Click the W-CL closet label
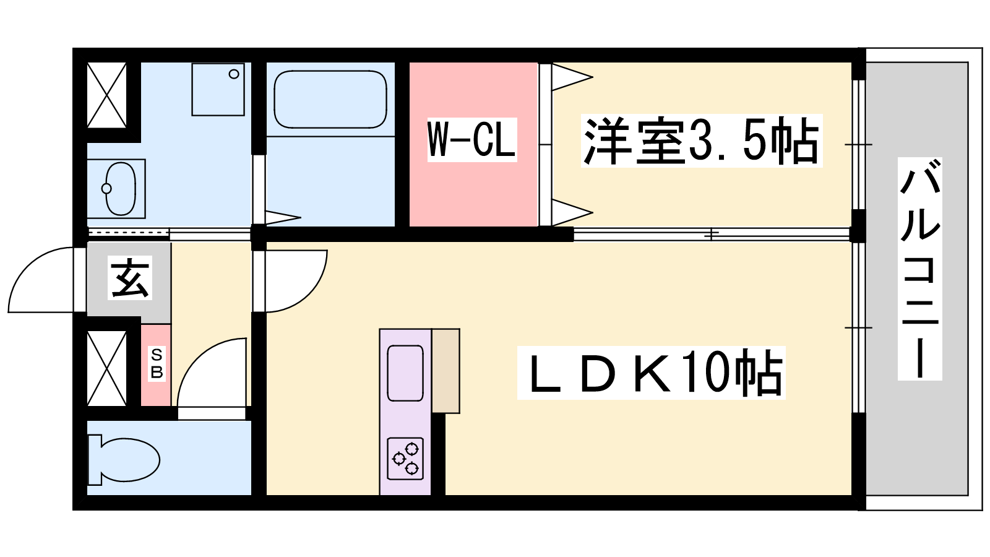tap(472, 140)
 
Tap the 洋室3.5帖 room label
tap(701, 141)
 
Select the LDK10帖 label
tap(651, 372)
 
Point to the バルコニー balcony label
tap(919, 268)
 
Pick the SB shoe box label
tap(157, 363)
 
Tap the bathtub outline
tap(330, 99)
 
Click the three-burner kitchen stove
tap(405, 459)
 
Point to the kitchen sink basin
tap(405, 373)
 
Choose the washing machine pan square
tap(218, 89)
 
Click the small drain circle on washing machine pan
tap(234, 74)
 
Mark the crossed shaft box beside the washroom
tap(106, 94)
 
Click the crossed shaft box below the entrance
tap(106, 368)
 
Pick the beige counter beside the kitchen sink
tap(445, 370)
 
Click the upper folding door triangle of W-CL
tap(570, 77)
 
